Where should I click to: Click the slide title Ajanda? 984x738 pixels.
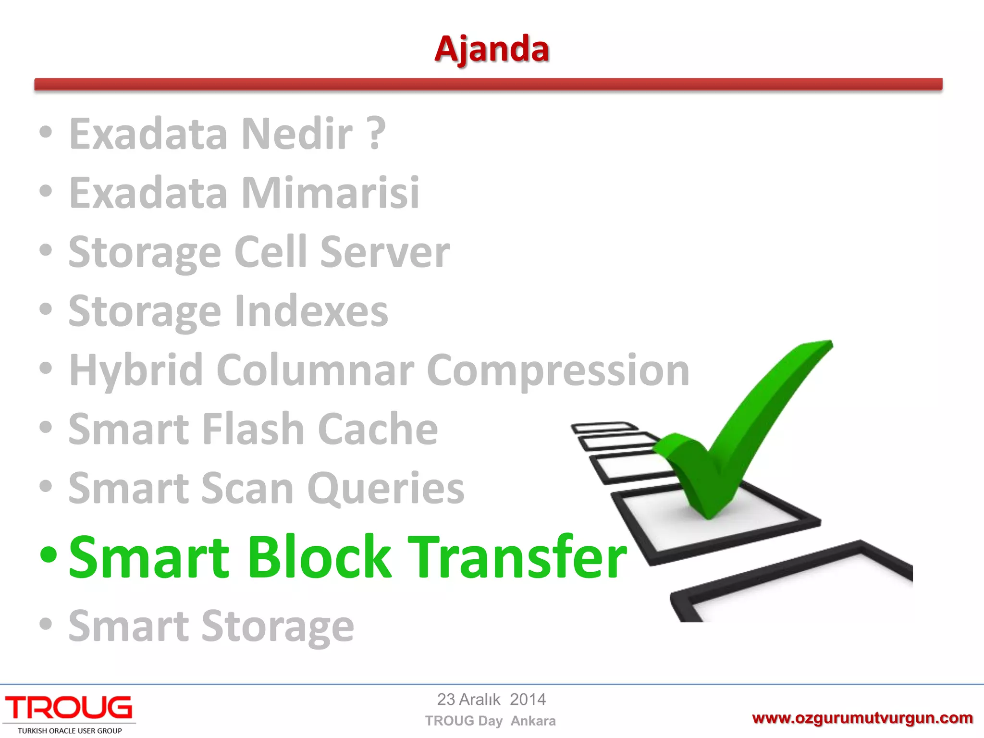point(492,49)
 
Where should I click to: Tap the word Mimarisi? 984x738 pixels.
point(330,193)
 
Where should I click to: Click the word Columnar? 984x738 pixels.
point(315,370)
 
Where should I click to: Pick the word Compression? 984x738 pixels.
point(558,370)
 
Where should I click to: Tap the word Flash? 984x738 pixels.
point(253,429)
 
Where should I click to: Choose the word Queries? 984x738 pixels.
point(386,488)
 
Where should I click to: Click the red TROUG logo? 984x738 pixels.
point(69,708)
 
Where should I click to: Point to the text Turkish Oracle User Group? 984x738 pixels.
point(70,731)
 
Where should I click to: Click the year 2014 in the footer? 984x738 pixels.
point(528,700)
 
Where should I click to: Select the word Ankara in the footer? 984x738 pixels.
point(533,721)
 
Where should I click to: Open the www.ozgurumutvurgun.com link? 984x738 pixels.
point(862,718)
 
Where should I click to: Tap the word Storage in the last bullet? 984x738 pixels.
point(278,626)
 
